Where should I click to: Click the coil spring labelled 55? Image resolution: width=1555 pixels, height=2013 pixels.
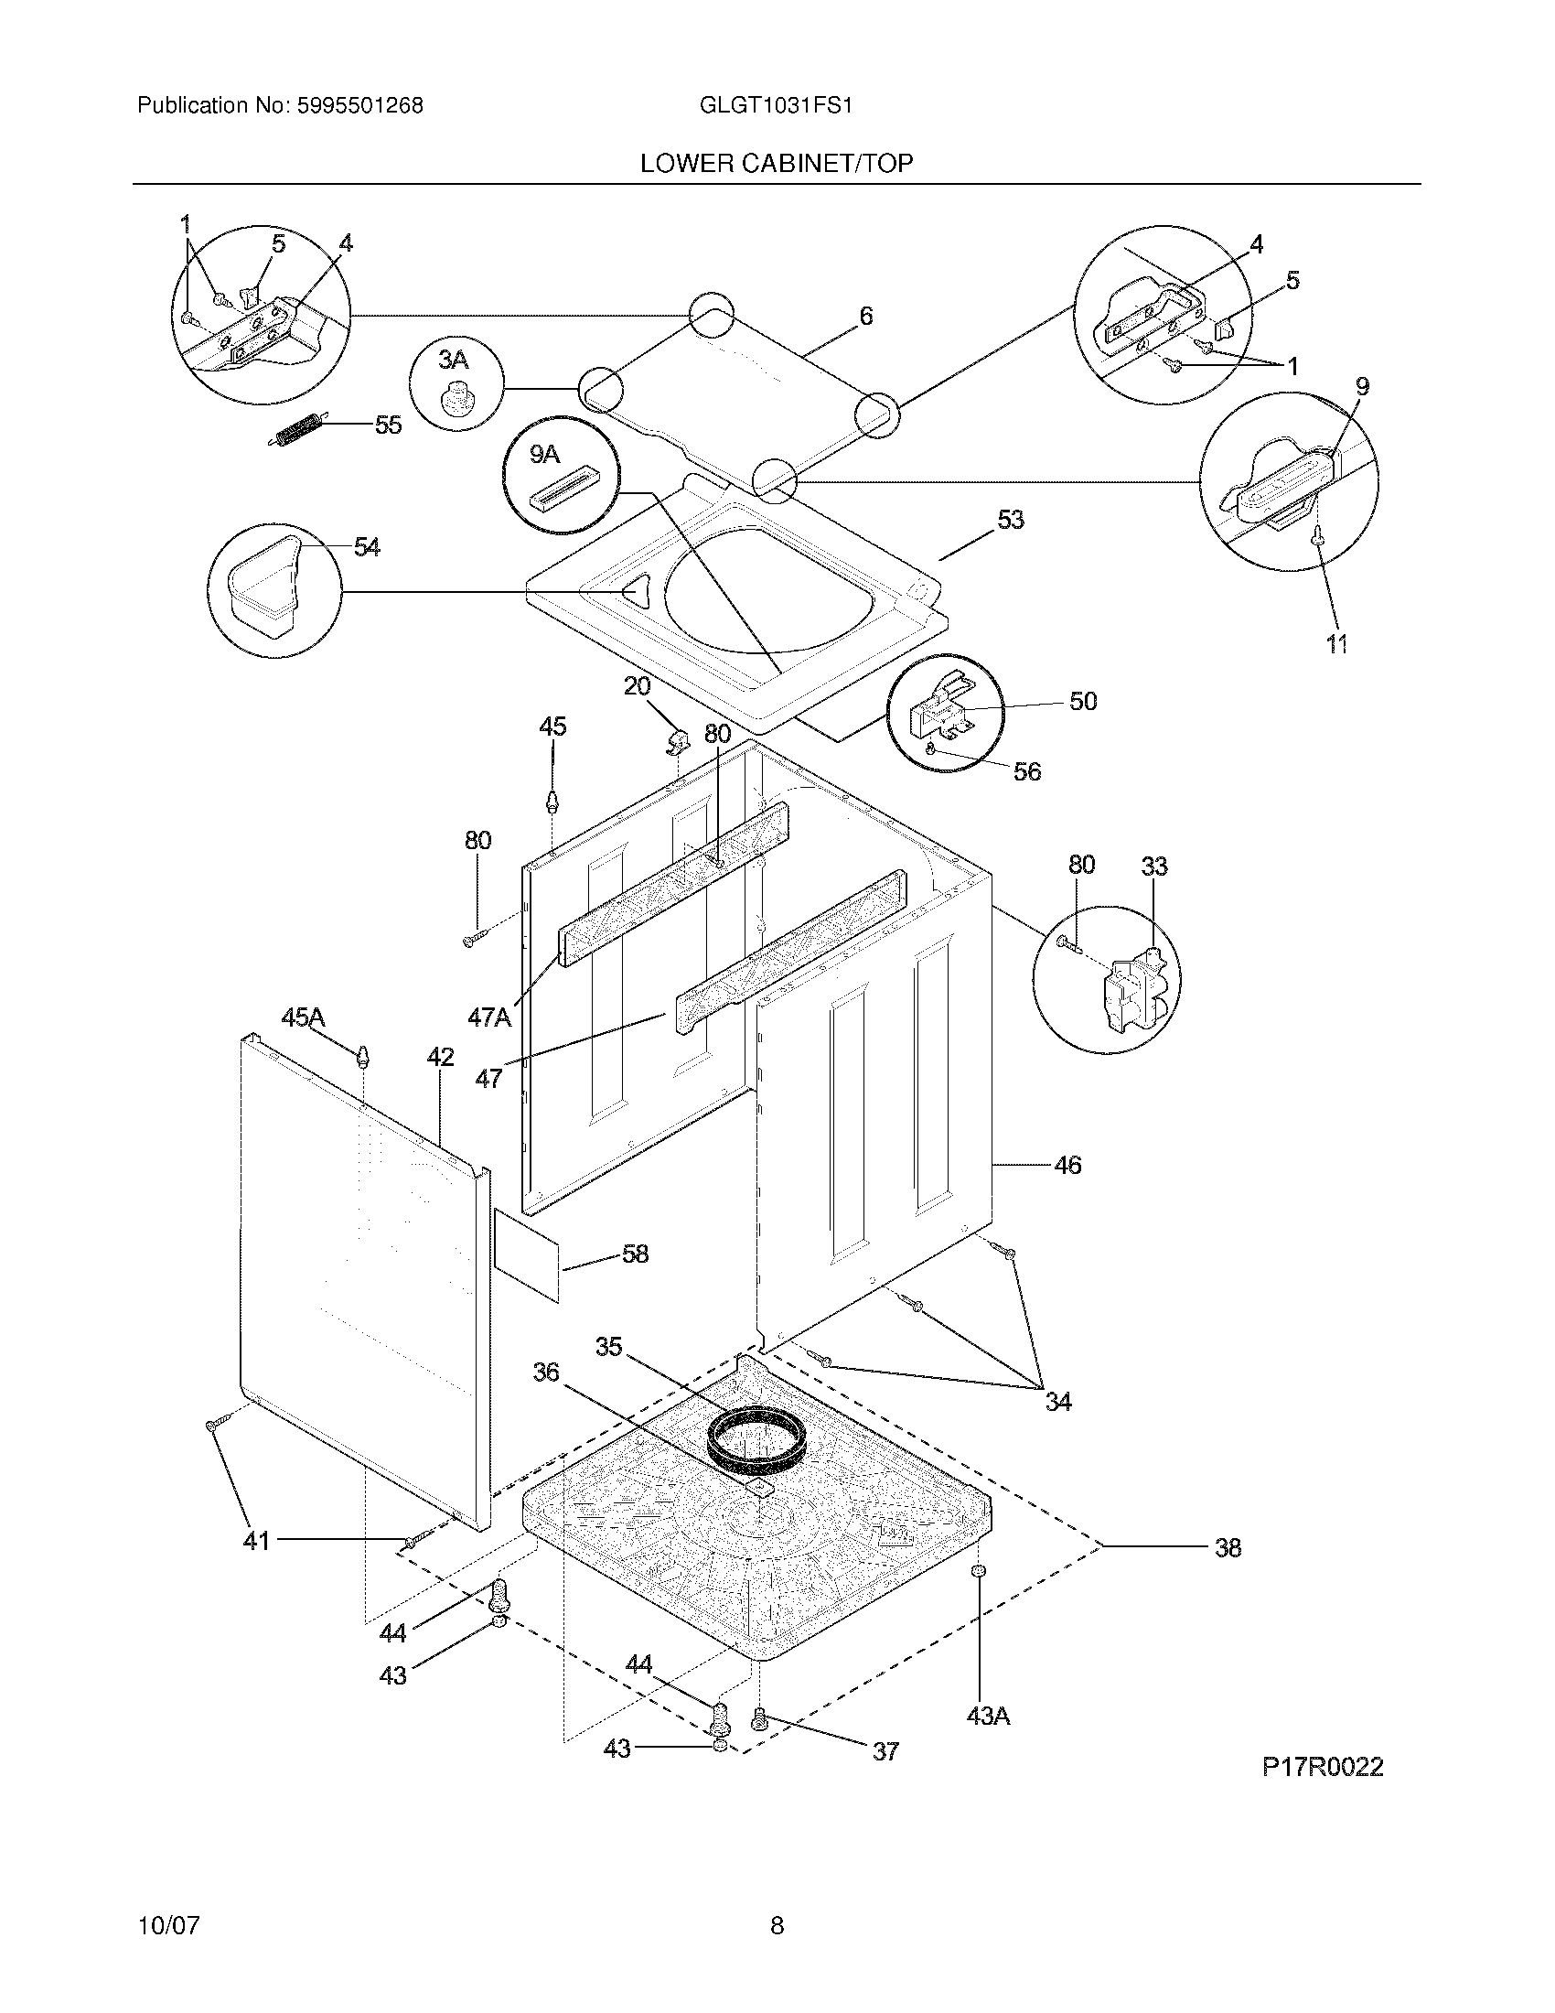pyautogui.click(x=296, y=431)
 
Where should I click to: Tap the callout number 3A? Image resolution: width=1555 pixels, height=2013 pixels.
pyautogui.click(x=452, y=360)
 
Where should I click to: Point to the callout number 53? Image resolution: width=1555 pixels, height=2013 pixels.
pyautogui.click(x=1011, y=520)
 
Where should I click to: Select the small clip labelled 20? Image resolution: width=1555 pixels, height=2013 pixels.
pyautogui.click(x=678, y=738)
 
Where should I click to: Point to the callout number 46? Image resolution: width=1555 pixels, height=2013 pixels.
pyautogui.click(x=1067, y=1165)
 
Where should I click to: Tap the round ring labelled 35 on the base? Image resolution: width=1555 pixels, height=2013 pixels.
pyautogui.click(x=757, y=1440)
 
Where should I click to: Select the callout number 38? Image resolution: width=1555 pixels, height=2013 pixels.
pyautogui.click(x=1228, y=1547)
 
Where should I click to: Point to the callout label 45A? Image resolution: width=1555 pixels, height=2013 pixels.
pyautogui.click(x=303, y=1017)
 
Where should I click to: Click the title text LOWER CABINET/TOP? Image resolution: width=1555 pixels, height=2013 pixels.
pyautogui.click(x=777, y=163)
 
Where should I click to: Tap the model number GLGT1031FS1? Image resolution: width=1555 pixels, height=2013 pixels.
pyautogui.click(x=776, y=105)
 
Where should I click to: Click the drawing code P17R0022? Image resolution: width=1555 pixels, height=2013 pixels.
pyautogui.click(x=1322, y=1767)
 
